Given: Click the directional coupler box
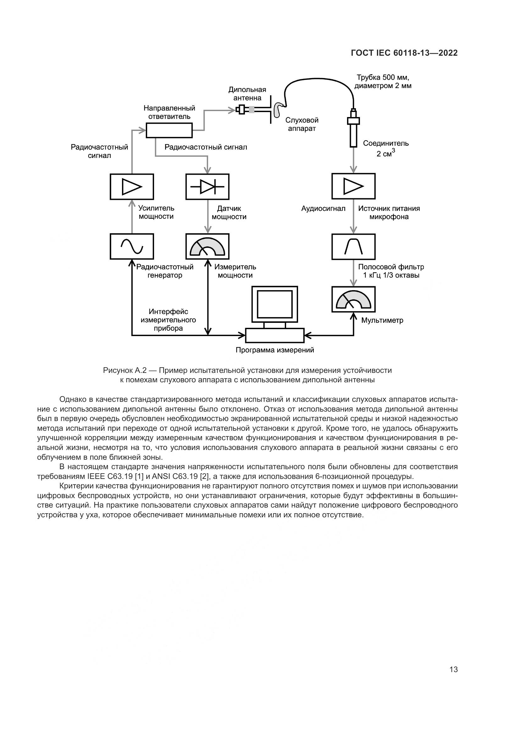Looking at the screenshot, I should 169,131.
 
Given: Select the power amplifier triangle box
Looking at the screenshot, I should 132,187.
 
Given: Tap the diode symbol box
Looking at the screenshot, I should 207,187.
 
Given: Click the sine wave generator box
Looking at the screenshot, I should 132,246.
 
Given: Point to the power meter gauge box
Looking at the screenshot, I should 207,246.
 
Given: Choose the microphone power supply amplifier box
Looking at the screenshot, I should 353,186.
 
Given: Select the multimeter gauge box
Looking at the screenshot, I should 353,299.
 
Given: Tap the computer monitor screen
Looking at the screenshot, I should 274,304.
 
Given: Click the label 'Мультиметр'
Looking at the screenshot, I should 382,320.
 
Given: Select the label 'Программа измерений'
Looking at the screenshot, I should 275,350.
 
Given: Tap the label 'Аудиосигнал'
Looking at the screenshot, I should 323,209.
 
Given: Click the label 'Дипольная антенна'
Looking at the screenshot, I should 247,93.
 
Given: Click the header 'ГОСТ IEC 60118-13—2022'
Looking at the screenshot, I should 404,53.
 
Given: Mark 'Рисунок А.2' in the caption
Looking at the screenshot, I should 124,371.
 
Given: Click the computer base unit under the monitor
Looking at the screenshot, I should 274,336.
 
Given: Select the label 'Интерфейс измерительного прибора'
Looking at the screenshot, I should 168,320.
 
